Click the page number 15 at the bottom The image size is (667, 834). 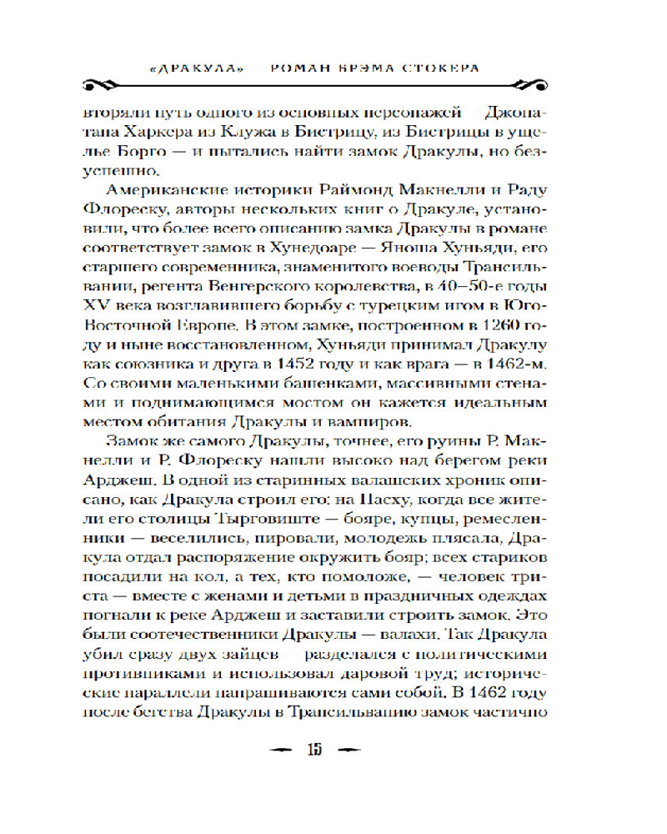point(314,748)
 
